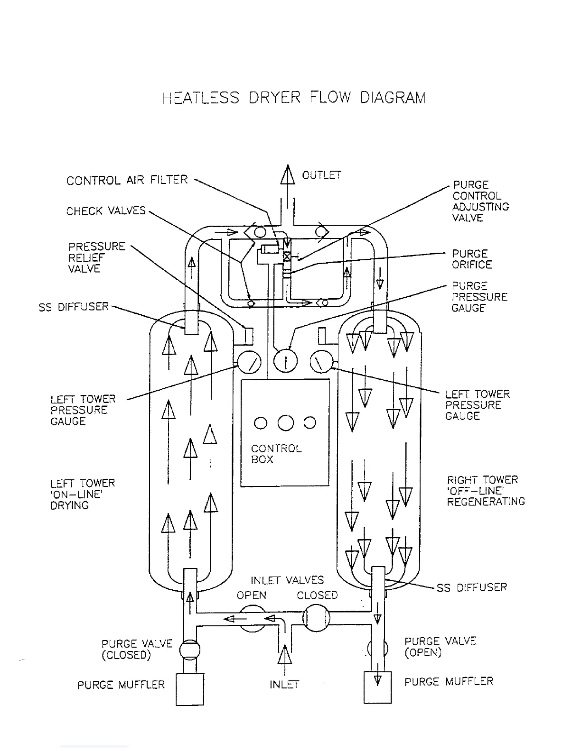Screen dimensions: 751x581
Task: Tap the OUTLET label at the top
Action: (x=321, y=175)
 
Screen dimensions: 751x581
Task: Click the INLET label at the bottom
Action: (x=284, y=685)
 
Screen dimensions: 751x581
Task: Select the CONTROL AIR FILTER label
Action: (x=127, y=180)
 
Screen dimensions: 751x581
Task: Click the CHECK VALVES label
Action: (x=106, y=211)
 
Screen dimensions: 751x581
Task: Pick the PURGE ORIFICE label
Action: (x=472, y=259)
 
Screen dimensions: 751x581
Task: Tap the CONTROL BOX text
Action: (x=276, y=454)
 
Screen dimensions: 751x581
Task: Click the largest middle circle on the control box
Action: (x=285, y=422)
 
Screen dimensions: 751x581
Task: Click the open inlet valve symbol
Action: (x=252, y=618)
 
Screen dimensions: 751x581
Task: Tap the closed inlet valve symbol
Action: (x=316, y=618)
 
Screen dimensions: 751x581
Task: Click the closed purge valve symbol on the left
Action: (x=189, y=649)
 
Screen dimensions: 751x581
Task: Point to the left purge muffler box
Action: (x=190, y=689)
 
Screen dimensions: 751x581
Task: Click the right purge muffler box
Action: (x=378, y=687)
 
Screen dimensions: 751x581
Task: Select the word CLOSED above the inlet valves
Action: (x=317, y=595)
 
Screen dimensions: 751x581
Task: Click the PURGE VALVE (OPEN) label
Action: (x=440, y=647)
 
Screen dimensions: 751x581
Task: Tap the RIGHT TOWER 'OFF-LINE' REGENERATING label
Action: (x=486, y=491)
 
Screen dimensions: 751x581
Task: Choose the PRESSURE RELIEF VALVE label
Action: (x=97, y=257)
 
